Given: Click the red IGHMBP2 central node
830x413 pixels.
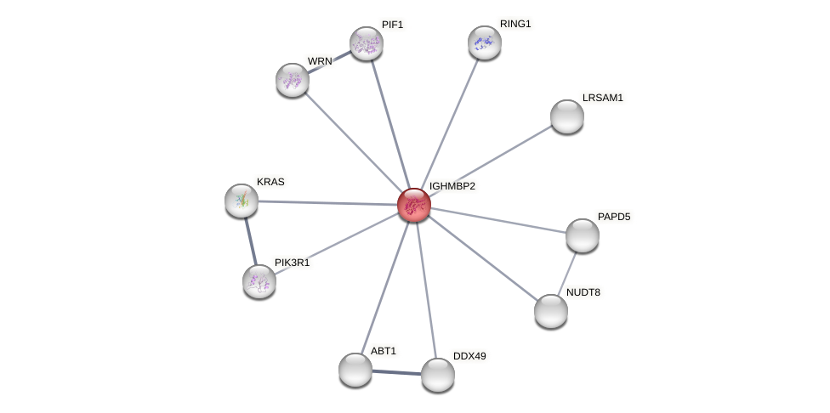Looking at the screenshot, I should click(414, 205).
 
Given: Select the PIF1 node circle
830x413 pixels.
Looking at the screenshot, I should click(367, 43).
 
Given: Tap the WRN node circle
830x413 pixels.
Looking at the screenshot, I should click(293, 80).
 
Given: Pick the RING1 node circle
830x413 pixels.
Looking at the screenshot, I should click(485, 42).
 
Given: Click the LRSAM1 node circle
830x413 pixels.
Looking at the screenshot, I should click(567, 116).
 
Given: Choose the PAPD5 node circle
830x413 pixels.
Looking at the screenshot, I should click(583, 235).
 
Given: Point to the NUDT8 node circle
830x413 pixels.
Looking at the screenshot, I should click(551, 311).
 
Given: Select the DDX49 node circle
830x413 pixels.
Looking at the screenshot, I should click(438, 375).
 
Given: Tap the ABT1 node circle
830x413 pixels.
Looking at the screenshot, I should click(355, 370).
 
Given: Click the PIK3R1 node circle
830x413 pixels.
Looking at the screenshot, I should click(259, 281).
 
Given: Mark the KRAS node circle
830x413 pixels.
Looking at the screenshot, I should click(242, 201).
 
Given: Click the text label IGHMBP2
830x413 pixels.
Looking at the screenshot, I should click(452, 186).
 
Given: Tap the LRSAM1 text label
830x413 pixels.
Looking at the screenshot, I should click(602, 98).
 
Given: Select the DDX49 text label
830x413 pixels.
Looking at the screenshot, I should click(469, 356).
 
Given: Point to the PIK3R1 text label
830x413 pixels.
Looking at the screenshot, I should click(292, 263).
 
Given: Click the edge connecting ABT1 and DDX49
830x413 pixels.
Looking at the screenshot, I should click(396, 372).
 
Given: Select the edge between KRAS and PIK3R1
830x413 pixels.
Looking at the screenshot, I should click(250, 240).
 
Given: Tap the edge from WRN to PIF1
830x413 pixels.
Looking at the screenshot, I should click(329, 62).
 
